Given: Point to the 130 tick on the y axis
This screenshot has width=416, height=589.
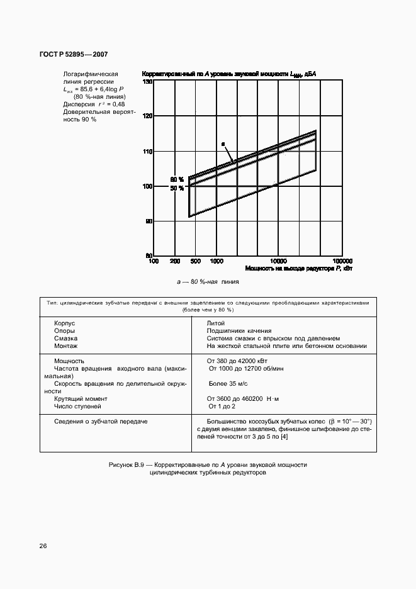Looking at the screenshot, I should (x=148, y=82).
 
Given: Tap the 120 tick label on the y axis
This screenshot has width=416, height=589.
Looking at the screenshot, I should (x=148, y=116).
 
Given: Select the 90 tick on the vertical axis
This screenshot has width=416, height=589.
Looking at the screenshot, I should (x=149, y=222).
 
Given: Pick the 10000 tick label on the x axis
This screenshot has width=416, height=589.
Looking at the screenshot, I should (x=278, y=261).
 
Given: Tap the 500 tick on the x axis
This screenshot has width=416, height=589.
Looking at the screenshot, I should (x=195, y=261).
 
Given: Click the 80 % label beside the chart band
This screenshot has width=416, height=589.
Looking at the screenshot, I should (x=177, y=180).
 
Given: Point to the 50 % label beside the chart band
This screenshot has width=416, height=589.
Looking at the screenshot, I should (x=177, y=188).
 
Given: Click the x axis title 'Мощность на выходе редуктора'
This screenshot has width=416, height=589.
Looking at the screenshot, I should (x=281, y=269).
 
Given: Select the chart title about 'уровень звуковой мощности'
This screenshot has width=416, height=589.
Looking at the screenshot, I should (x=229, y=74).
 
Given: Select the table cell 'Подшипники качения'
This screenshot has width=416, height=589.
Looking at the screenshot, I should (x=239, y=330).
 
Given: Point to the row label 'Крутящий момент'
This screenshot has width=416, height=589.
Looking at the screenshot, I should (x=81, y=398).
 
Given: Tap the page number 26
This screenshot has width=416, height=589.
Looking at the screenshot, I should (x=43, y=546).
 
